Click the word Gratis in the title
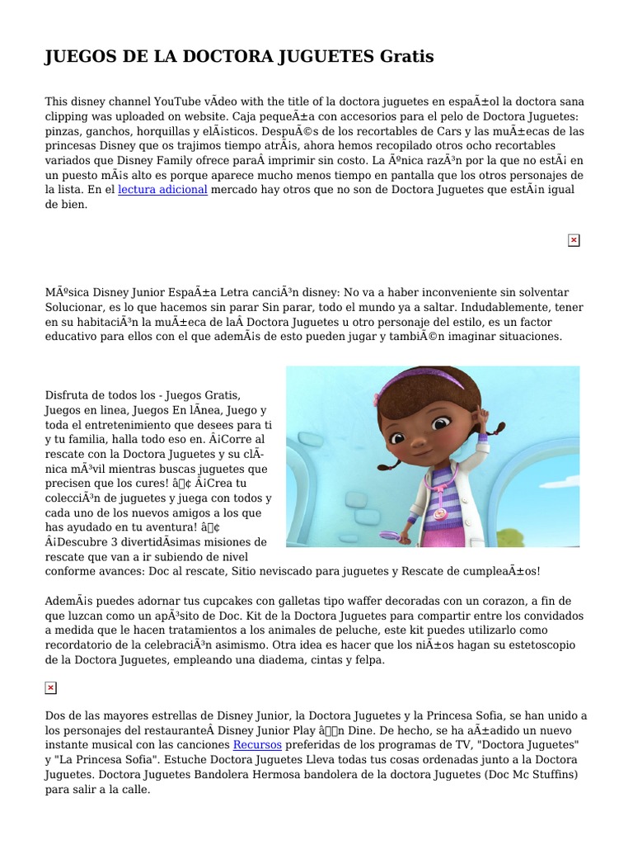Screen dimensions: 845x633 click(x=406, y=57)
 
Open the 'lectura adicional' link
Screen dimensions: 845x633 click(x=162, y=190)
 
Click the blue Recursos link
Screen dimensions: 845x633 click(x=257, y=744)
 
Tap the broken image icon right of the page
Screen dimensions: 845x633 click(x=574, y=240)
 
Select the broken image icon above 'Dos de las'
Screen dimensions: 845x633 click(x=50, y=688)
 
